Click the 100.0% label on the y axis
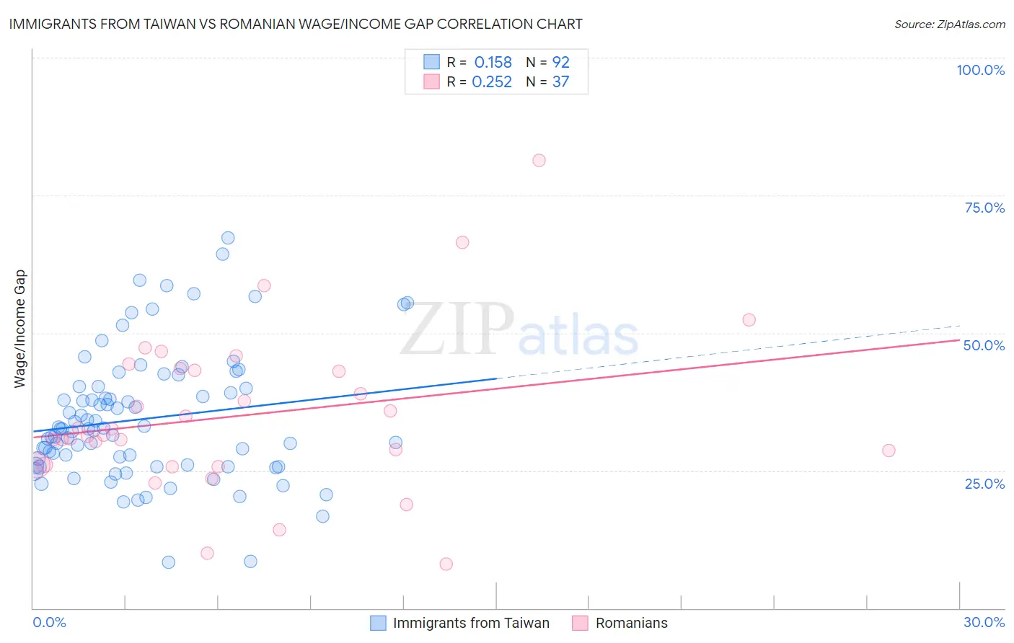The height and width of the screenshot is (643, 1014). coord(980,70)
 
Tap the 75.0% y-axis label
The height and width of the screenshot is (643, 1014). coord(984,208)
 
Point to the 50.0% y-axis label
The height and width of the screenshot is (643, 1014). coord(984,345)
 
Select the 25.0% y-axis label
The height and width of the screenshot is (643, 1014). coord(984,483)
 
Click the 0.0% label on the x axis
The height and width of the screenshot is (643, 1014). coord(49,622)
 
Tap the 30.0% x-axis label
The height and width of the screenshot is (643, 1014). coord(984,622)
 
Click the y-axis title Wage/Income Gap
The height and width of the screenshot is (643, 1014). coord(20,329)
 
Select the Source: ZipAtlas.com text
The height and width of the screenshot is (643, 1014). coord(949,24)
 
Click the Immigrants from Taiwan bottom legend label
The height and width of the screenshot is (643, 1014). coord(471,623)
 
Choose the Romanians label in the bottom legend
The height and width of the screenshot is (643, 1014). coord(631,623)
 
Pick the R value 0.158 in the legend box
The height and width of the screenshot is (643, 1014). coord(493,63)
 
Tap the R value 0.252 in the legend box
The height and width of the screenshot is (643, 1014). coord(492,82)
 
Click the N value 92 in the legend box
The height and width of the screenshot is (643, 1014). coord(560,63)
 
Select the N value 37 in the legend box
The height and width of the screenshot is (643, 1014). coord(560,82)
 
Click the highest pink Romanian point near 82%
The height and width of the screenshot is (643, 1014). coord(539,161)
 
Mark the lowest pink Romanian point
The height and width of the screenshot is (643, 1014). coord(446,564)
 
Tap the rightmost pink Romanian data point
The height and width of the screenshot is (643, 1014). coord(889,451)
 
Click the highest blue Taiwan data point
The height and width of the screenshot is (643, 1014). coord(228,238)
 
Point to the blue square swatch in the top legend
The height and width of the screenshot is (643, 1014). coord(431,62)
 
